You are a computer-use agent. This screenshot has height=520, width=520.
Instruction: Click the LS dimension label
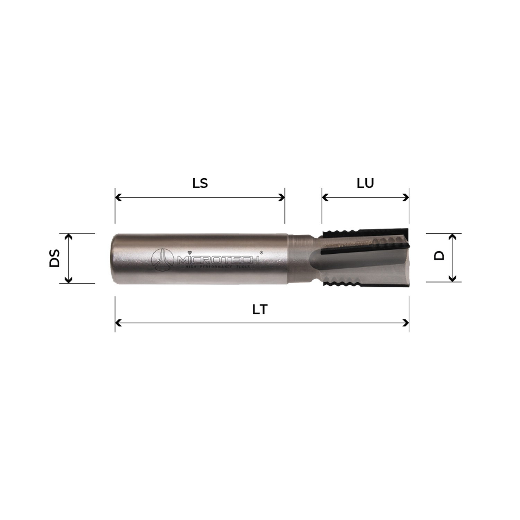pyautogui.click(x=200, y=183)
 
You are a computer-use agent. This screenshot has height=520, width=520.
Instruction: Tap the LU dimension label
pyautogui.click(x=365, y=183)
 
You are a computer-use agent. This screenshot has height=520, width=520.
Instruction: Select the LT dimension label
pyautogui.click(x=260, y=309)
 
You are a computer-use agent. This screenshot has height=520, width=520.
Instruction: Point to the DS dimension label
pyautogui.click(x=54, y=258)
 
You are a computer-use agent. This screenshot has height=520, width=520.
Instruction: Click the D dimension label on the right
pyautogui.click(x=439, y=256)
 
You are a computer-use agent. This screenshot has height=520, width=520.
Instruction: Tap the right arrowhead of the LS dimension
pyautogui.click(x=282, y=198)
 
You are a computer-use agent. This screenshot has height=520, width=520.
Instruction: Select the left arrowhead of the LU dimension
pyautogui.click(x=325, y=198)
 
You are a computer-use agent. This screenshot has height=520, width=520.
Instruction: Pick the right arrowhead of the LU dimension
pyautogui.click(x=406, y=198)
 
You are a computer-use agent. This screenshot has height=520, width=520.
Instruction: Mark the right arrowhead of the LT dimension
pyautogui.click(x=406, y=323)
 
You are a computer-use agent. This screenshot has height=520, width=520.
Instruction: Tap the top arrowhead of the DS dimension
pyautogui.click(x=69, y=237)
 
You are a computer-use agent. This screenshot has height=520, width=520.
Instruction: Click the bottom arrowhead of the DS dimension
pyautogui.click(x=69, y=280)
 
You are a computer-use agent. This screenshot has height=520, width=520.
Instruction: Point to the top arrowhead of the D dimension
pyautogui.click(x=452, y=237)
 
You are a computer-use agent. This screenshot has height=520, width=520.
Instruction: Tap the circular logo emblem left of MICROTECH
pyautogui.click(x=162, y=259)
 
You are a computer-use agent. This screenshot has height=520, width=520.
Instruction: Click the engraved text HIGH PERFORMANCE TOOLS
pyautogui.click(x=218, y=267)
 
